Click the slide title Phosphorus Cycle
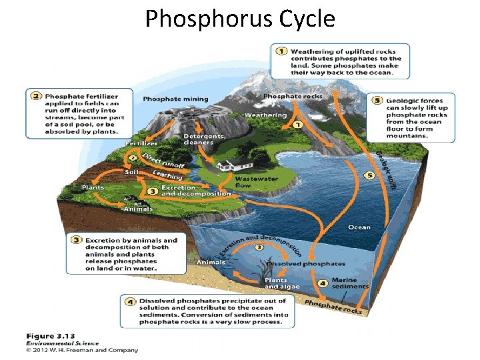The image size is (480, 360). [x=240, y=19]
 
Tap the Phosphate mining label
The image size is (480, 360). [x=175, y=99]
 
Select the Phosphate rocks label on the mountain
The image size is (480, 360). [x=293, y=96]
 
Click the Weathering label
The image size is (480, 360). [x=265, y=115]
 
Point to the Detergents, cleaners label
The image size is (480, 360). [x=203, y=139]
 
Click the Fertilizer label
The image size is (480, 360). [x=142, y=143]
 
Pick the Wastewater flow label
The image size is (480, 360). [x=256, y=181]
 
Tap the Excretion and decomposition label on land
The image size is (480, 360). [x=195, y=191]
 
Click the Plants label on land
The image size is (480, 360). [x=93, y=187]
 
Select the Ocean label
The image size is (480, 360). [x=359, y=227]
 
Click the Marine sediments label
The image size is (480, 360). [x=349, y=283]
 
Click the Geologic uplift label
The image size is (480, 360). [x=385, y=169]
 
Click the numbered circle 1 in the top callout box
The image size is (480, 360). [x=281, y=51]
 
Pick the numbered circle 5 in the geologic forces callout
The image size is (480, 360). [x=377, y=100]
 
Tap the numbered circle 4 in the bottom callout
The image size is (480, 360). [x=130, y=301]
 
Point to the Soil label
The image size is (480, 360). [x=131, y=172]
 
